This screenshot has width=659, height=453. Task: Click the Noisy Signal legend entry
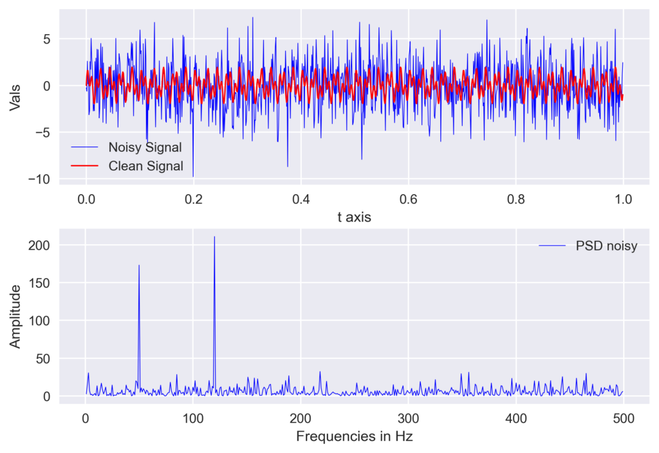pyautogui.click(x=145, y=147)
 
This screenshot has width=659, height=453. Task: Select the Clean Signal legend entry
pyautogui.click(x=145, y=166)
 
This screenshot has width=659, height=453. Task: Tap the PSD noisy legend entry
pyautogui.click(x=606, y=246)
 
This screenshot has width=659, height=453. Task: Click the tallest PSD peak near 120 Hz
pyautogui.click(x=214, y=237)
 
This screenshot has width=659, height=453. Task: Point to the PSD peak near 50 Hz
pyautogui.click(x=139, y=265)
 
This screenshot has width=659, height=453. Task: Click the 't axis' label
pyautogui.click(x=355, y=218)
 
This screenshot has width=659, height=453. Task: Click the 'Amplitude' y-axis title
pyautogui.click(x=15, y=316)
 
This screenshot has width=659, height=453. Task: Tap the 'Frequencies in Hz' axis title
pyautogui.click(x=354, y=437)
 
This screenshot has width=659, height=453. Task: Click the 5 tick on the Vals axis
pyautogui.click(x=47, y=39)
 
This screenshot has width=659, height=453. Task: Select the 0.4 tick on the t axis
pyautogui.click(x=301, y=199)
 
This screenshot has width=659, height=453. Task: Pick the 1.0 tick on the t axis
pyautogui.click(x=623, y=199)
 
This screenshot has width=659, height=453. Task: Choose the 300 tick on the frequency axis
pyautogui.click(x=408, y=418)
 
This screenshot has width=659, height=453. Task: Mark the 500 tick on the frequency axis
pyautogui.click(x=623, y=418)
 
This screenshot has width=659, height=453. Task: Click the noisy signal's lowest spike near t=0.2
pyautogui.click(x=193, y=176)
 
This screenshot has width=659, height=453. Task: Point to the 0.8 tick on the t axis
pyautogui.click(x=515, y=199)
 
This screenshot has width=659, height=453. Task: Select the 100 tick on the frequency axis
pyautogui.click(x=193, y=418)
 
